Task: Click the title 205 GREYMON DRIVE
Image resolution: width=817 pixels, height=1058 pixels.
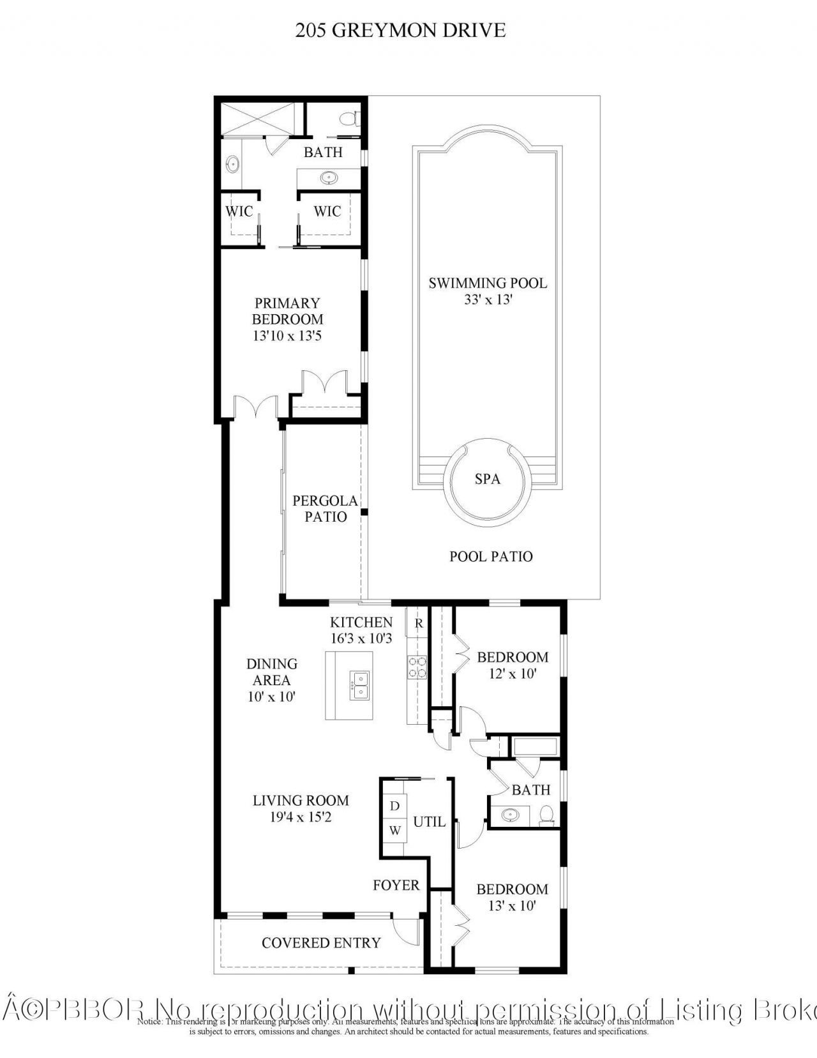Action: (400, 30)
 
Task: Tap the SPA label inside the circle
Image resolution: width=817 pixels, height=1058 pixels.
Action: (487, 479)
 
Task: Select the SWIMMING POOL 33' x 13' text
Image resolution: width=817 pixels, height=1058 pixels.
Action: (488, 291)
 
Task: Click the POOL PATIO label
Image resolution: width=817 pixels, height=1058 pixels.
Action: (491, 556)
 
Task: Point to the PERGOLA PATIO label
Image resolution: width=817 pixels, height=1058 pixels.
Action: (326, 508)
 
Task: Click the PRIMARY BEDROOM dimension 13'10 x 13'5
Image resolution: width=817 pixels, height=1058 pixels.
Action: (287, 336)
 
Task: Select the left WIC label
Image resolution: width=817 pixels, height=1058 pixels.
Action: (239, 211)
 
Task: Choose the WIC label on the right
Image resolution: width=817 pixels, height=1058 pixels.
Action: (327, 211)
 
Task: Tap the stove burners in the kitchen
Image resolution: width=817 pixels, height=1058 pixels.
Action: (417, 667)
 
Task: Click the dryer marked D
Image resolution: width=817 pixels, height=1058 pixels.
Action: (394, 806)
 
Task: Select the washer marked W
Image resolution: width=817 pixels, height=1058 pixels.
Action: (394, 831)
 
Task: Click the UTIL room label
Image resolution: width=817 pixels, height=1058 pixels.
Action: (429, 822)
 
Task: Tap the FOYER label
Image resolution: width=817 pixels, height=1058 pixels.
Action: (396, 885)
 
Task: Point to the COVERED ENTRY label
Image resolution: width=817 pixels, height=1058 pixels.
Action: (321, 942)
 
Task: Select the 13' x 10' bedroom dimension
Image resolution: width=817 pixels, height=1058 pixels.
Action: (511, 905)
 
